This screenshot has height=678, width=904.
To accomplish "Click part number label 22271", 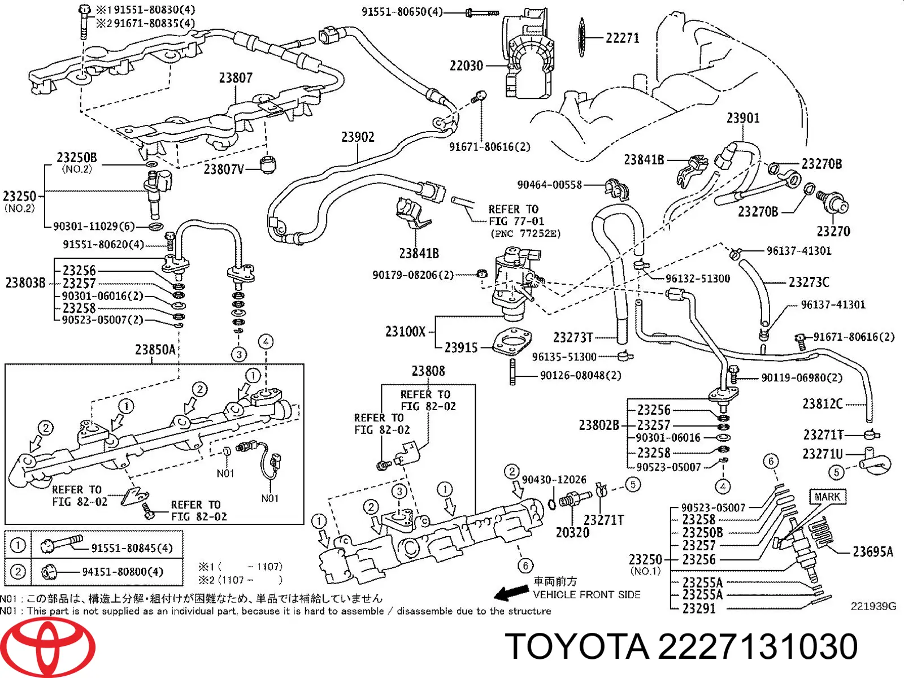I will coord(622,38).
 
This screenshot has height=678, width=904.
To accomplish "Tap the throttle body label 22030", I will coord(466,66).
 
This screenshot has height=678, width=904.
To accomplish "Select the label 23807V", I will coord(224,169).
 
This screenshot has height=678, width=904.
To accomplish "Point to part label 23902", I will coord(358,137).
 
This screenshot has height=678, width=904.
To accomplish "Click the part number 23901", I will coord(743,118).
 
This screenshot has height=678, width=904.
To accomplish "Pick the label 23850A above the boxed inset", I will coord(155,350).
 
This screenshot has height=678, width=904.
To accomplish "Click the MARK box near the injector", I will coord(827,497).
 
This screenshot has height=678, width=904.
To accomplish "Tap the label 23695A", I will coord(872,551).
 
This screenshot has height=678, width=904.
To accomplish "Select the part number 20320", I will coord(572,532).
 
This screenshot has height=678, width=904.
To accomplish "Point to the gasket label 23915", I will coord(461,347).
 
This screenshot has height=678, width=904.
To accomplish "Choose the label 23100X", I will coord(405,332).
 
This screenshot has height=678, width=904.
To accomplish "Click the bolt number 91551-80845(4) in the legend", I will coord(132,547).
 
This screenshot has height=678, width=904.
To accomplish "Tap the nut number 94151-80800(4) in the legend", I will coord(123,572).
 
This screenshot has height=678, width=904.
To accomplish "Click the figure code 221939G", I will coord(873,606).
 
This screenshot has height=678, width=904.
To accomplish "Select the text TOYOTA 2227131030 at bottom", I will coord(681,646).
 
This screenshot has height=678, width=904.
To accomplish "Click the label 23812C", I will coord(822,404).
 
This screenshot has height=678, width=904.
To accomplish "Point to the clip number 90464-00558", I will coord(549,185).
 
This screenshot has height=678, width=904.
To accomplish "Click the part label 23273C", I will coord(809,281).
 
